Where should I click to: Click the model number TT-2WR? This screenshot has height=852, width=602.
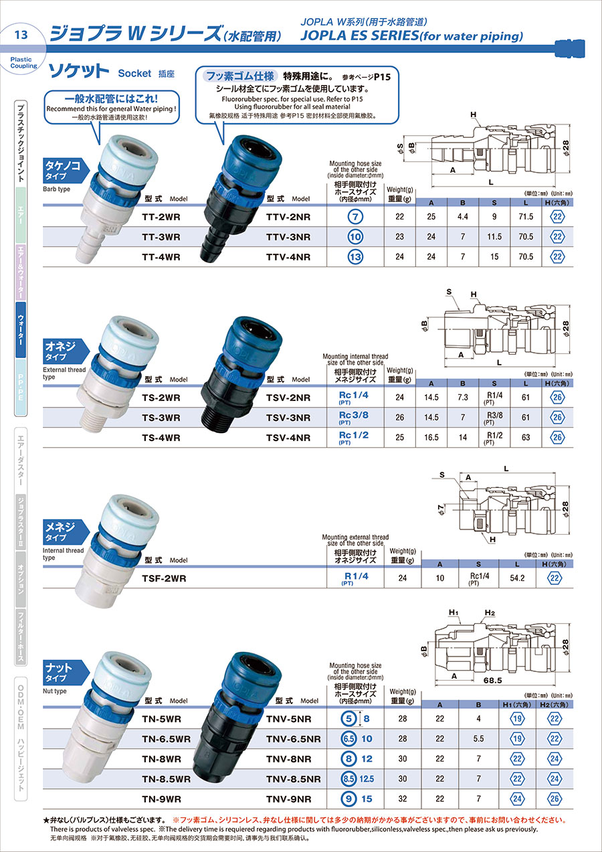click(161, 218)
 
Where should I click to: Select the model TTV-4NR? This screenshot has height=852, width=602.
click(288, 257)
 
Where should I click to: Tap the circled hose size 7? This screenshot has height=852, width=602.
click(355, 217)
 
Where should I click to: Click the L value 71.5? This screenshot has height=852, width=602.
click(526, 216)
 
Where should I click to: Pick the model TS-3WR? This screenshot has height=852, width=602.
click(161, 418)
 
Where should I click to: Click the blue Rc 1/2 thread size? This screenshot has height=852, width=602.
click(353, 435)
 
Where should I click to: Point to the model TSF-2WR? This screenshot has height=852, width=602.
click(164, 578)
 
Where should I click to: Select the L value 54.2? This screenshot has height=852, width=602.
click(517, 578)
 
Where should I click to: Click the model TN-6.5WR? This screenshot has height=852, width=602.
click(166, 739)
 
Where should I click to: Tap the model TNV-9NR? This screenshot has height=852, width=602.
click(288, 799)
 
